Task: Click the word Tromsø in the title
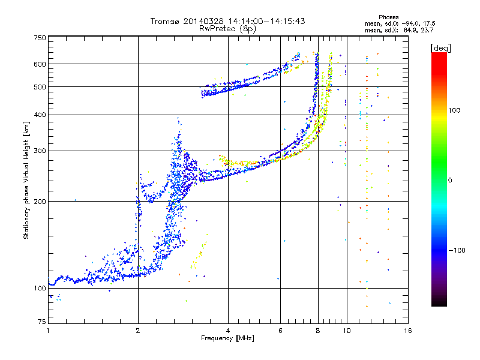point(165,21)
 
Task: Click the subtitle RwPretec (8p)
point(227,29)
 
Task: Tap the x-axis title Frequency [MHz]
point(227,338)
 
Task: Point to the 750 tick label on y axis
point(40,38)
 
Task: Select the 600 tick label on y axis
point(40,64)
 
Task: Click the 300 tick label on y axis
point(40,151)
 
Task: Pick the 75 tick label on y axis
point(42,322)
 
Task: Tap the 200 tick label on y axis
point(40,202)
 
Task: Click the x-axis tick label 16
point(408,331)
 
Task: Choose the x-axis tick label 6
point(280,331)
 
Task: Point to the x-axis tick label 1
point(48,331)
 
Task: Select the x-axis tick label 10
point(347,331)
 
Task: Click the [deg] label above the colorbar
point(440,48)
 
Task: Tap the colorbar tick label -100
point(457,250)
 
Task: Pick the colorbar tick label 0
point(450,181)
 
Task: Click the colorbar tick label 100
point(454,110)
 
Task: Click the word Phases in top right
point(388,17)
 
